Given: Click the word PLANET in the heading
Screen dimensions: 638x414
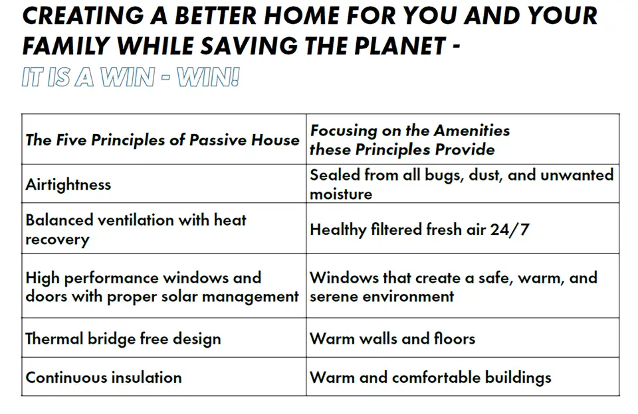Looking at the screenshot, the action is pyautogui.click(x=401, y=46).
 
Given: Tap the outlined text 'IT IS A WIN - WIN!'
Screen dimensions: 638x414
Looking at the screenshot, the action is pyautogui.click(x=131, y=77).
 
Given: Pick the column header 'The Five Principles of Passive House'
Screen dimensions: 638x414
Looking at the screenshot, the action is pyautogui.click(x=162, y=140).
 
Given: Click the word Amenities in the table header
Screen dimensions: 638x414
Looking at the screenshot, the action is pyautogui.click(x=472, y=131).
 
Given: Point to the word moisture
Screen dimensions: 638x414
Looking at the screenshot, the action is pyautogui.click(x=341, y=194).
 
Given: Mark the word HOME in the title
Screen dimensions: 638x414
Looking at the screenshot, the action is pyautogui.click(x=302, y=15).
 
